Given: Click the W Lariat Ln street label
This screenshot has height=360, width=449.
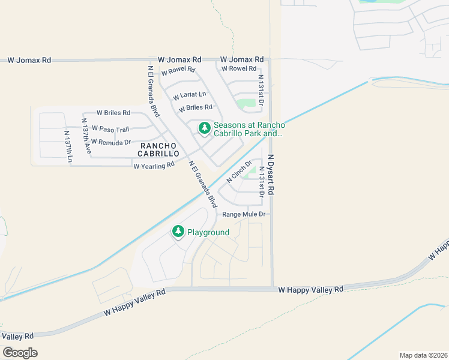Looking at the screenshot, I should pyautogui.click(x=190, y=95).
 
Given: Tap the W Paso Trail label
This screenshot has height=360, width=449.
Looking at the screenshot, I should pyautogui.click(x=110, y=130).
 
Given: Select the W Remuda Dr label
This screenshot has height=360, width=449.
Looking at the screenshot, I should pyautogui.click(x=111, y=142).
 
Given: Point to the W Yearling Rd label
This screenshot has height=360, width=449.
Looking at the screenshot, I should pyautogui.click(x=154, y=165).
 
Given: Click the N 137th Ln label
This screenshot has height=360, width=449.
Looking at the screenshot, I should pyautogui.click(x=67, y=146).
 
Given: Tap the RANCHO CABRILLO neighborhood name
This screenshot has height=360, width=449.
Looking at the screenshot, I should pyautogui.click(x=158, y=149).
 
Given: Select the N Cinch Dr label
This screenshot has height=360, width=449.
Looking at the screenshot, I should pyautogui.click(x=238, y=172).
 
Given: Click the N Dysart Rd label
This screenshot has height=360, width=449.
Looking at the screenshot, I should pyautogui.click(x=271, y=174).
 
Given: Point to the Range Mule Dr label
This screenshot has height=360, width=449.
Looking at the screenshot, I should pyautogui.click(x=244, y=214).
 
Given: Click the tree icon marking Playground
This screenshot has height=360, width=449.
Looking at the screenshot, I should pyautogui.click(x=178, y=231).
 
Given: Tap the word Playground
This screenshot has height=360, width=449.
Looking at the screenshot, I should pyautogui.click(x=208, y=232).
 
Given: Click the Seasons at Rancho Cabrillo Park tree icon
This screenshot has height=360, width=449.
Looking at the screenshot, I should pyautogui.click(x=205, y=128).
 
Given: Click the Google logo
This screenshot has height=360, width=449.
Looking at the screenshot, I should pyautogui.click(x=20, y=353).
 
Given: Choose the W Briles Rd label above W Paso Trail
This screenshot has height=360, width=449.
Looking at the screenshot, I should pyautogui.click(x=113, y=113).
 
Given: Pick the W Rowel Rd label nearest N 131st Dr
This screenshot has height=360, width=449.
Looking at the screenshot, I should pyautogui.click(x=239, y=69).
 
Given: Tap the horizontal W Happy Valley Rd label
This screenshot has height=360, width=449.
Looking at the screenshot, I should pyautogui.click(x=311, y=289).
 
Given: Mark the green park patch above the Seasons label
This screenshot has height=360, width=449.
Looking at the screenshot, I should pyautogui.click(x=246, y=104).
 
